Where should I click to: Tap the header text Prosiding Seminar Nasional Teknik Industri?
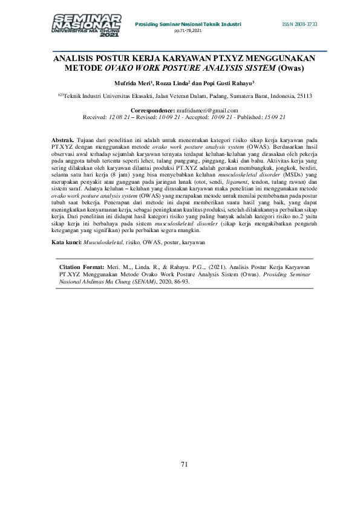click(188, 24)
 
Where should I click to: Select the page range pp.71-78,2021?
click(188, 30)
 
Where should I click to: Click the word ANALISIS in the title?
click(76, 59)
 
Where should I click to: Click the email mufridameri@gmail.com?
click(207, 110)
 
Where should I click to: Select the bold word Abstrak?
click(63, 140)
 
